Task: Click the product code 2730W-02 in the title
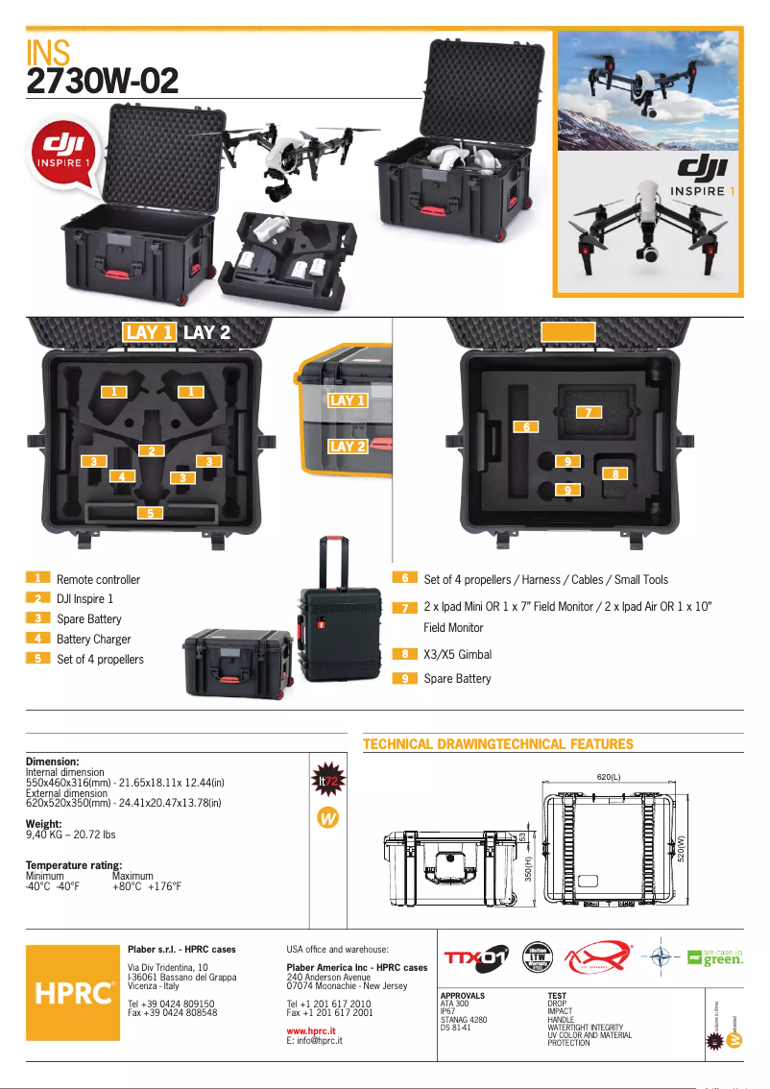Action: pyautogui.click(x=103, y=82)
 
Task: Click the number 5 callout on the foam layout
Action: pyautogui.click(x=149, y=513)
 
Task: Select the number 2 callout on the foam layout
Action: pyautogui.click(x=151, y=450)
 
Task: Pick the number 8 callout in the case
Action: pyautogui.click(x=614, y=473)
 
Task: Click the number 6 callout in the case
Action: pyautogui.click(x=525, y=425)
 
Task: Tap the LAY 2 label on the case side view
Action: pyautogui.click(x=347, y=447)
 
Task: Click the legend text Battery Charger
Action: pyautogui.click(x=93, y=640)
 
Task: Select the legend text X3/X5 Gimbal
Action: pyautogui.click(x=457, y=655)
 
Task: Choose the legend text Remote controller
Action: pyautogui.click(x=98, y=580)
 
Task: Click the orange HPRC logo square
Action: pyautogui.click(x=73, y=992)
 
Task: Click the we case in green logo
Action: pyautogui.click(x=715, y=957)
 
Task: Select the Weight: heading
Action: pyautogui.click(x=44, y=824)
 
